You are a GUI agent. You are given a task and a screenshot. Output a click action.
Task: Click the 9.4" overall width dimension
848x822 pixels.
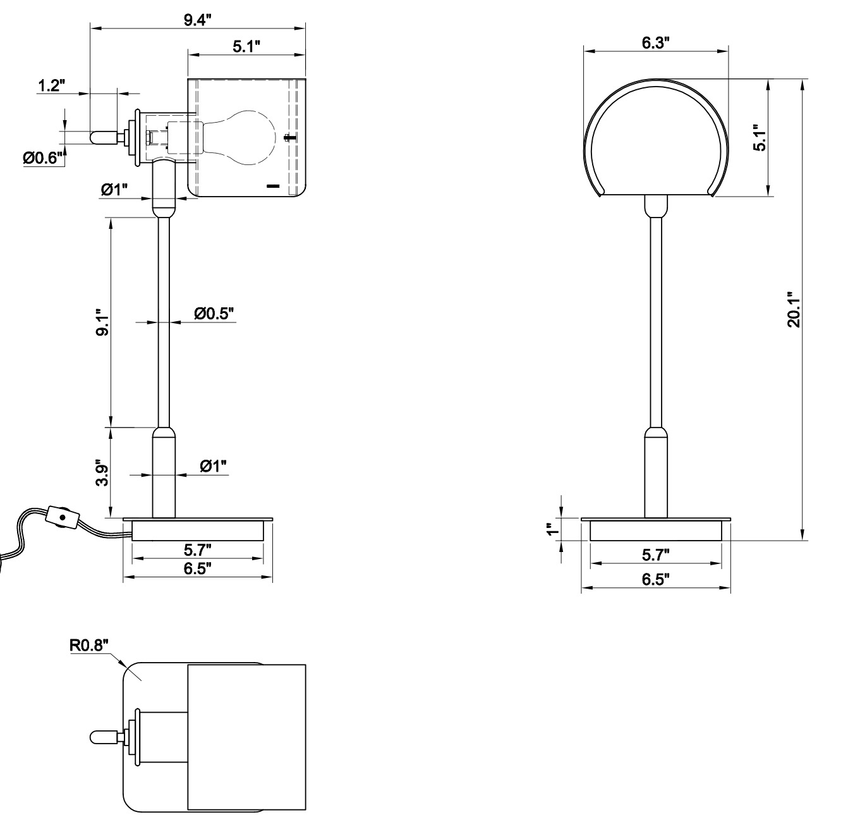(x=197, y=20)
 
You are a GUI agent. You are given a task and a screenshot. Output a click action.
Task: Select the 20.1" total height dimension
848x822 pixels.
(x=794, y=309)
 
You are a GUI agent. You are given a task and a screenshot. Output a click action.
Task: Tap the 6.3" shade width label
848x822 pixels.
(x=655, y=43)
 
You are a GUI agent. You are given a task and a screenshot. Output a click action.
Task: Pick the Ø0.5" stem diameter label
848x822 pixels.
(x=214, y=313)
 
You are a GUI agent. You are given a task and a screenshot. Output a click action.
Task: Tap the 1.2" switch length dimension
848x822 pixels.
(x=52, y=86)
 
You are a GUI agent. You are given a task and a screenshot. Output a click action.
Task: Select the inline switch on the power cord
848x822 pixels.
(x=62, y=517)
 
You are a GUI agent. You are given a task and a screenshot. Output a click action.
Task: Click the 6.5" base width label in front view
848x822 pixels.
(x=655, y=579)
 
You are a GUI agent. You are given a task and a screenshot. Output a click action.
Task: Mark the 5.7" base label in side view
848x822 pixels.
(x=197, y=548)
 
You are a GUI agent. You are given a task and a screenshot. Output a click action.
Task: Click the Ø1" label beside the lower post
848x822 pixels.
(x=213, y=467)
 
